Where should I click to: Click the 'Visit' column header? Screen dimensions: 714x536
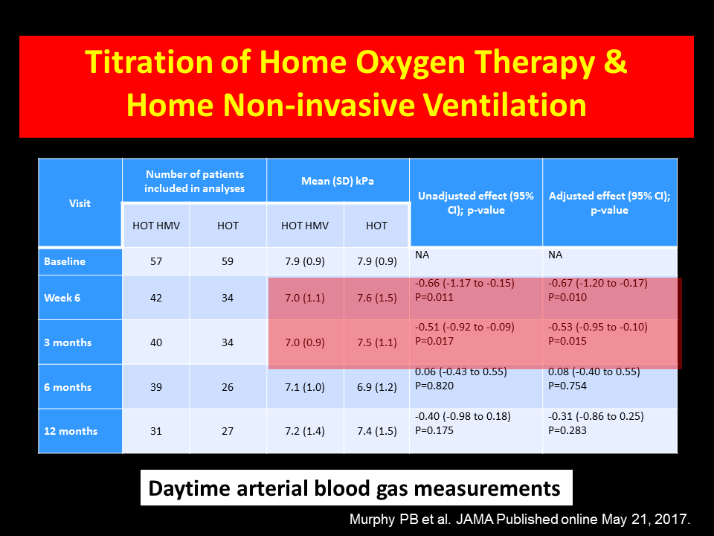80,203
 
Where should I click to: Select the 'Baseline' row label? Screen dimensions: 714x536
65,261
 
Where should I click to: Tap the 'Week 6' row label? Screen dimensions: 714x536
62,298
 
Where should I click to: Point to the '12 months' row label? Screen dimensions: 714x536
71,431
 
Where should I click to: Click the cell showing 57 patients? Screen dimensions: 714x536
156,261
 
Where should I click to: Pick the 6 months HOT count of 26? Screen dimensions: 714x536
228,387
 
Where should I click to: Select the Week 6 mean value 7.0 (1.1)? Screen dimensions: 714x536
305,298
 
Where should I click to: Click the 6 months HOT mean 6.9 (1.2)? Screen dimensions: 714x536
376,387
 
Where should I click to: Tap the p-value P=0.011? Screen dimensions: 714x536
434,297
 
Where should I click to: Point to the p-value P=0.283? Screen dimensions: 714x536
567,430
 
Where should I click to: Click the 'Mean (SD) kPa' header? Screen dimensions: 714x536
338,181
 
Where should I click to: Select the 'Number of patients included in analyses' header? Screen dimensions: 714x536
194,182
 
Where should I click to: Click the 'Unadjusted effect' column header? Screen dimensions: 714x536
476,202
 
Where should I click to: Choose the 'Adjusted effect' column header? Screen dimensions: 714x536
609,202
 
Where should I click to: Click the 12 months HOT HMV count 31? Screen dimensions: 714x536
156,431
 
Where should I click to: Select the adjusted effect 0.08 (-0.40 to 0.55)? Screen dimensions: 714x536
594,371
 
